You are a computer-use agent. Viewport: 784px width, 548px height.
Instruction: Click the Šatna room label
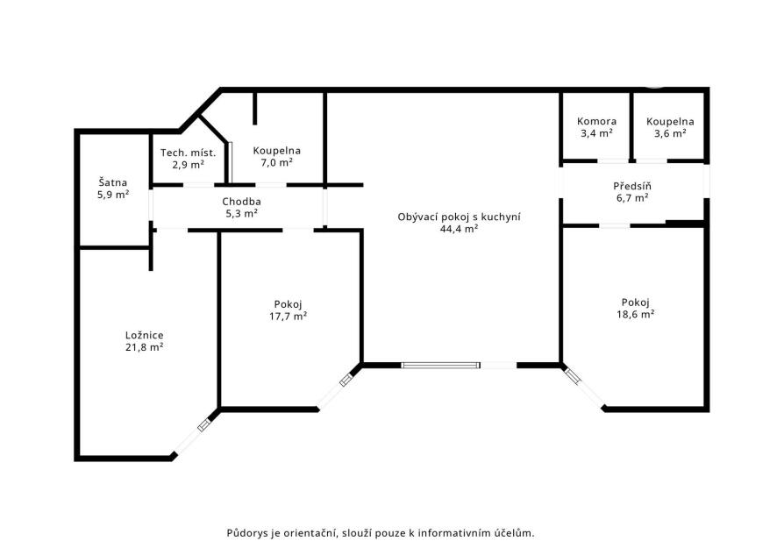(112, 182)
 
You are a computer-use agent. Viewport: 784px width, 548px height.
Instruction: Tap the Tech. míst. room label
(188, 153)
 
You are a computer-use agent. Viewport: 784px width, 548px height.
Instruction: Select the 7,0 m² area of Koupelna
(276, 162)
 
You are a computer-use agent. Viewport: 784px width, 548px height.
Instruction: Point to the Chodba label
(241, 202)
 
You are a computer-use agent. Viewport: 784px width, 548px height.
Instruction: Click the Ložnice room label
(145, 335)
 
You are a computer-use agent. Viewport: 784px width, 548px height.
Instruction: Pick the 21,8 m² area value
(145, 347)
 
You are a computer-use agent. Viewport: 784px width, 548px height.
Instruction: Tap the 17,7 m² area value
(288, 316)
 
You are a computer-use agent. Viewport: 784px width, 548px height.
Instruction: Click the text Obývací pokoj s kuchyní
(459, 217)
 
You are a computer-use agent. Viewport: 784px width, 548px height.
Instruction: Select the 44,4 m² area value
(459, 229)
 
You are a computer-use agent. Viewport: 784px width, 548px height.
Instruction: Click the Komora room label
(596, 121)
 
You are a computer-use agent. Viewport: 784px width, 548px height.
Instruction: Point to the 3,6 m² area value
(670, 133)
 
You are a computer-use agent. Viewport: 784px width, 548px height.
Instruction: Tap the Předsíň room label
(632, 186)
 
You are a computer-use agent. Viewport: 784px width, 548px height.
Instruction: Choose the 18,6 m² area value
(636, 314)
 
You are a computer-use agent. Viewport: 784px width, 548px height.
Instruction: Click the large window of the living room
(441, 366)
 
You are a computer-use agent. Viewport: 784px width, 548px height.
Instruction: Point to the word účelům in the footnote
(516, 532)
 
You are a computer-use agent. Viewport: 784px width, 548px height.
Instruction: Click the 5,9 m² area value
(112, 195)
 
